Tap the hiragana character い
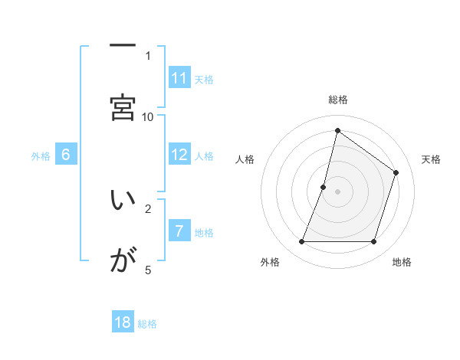(x=123, y=200)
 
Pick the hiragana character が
(x=123, y=261)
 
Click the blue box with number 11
(x=179, y=78)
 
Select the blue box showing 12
(x=179, y=155)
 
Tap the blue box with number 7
(x=179, y=231)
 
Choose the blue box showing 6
(x=66, y=155)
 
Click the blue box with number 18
(x=123, y=322)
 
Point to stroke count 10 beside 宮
(x=148, y=116)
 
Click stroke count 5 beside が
(x=148, y=270)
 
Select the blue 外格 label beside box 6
(x=41, y=155)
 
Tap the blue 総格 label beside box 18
(x=147, y=323)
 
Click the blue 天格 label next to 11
(x=204, y=79)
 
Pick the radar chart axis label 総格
(x=337, y=100)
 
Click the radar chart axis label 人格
(x=245, y=159)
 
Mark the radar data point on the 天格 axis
(x=396, y=172)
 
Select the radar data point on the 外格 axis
(x=301, y=242)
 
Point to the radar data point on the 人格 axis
(x=324, y=187)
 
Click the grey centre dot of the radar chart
(x=337, y=191)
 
